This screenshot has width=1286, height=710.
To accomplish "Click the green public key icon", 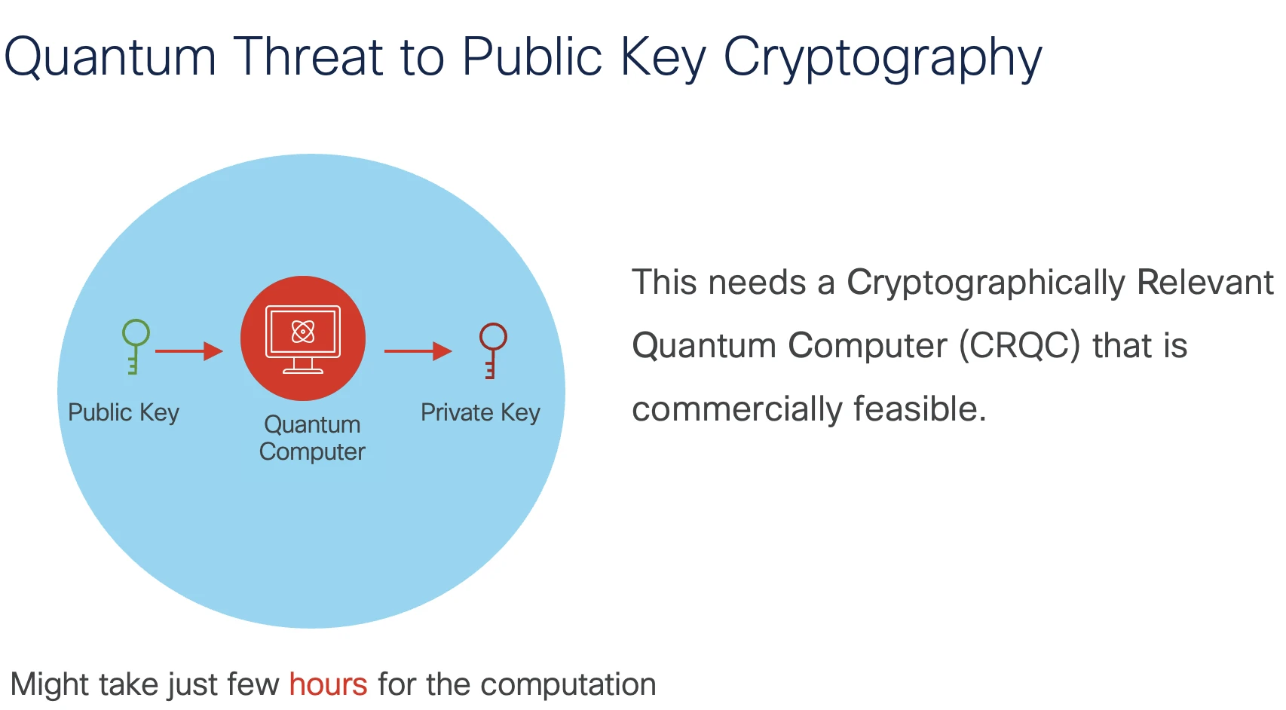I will (136, 345).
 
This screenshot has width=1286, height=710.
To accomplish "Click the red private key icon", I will (493, 349).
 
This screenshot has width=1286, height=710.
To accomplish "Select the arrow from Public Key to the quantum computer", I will (189, 350).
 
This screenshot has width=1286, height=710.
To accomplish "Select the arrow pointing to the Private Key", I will (418, 350).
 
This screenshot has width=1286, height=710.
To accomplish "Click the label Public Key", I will (124, 412).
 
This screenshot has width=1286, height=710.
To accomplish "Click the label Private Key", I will (480, 412).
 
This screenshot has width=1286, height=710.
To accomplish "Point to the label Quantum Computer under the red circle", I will (312, 438).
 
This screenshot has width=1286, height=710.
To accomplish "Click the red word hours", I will (328, 684).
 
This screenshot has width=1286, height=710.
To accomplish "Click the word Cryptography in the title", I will (882, 58).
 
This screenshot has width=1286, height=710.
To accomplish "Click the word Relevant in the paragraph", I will (1205, 282).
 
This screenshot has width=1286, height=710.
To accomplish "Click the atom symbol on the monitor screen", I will (303, 331).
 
